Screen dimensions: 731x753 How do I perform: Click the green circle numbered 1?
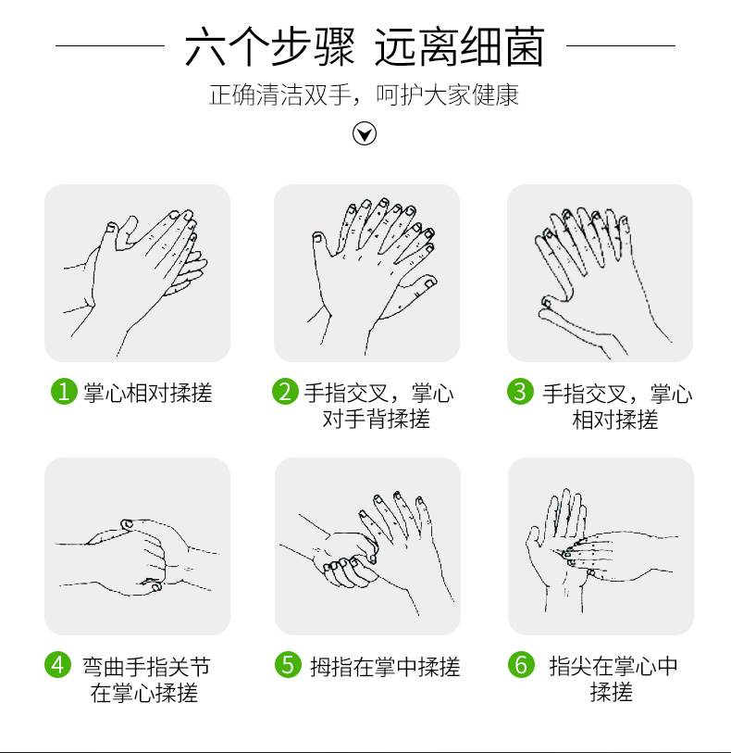64,392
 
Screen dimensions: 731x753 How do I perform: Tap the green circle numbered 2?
285,392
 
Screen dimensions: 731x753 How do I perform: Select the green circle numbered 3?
520,392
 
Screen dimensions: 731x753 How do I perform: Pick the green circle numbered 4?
57,665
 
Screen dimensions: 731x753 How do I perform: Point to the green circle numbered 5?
288,665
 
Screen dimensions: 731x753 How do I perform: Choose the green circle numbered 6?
521,665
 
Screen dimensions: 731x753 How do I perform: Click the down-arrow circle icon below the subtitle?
365,133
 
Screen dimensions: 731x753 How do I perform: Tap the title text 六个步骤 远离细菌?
365,46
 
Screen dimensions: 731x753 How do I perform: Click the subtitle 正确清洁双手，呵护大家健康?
364,94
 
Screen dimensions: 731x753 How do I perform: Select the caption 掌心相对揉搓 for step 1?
148,393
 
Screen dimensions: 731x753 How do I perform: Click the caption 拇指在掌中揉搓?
385,667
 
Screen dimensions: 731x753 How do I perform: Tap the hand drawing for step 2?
373,276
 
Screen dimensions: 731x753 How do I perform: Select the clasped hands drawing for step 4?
137,557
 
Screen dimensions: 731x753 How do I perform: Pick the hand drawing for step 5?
367,552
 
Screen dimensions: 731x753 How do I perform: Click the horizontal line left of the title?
110,46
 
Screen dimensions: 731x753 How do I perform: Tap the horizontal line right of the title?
621,46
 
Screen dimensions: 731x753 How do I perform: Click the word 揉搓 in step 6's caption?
611,692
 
